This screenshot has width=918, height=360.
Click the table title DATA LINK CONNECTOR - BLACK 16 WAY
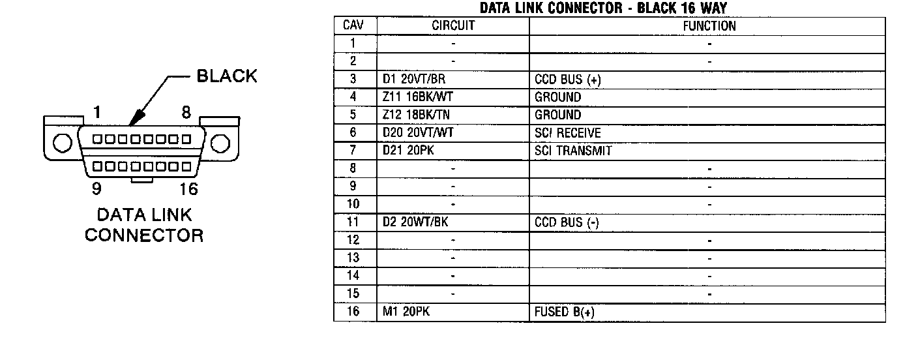click(603, 8)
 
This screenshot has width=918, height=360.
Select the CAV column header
click(354, 26)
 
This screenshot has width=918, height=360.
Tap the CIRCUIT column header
click(453, 26)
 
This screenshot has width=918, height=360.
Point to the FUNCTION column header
click(709, 26)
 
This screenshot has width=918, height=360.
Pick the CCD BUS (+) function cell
click(567, 80)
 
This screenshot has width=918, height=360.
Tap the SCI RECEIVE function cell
click(568, 133)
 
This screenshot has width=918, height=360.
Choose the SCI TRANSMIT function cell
click(573, 151)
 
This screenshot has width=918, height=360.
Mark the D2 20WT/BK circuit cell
click(415, 222)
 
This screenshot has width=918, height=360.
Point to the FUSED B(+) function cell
click(565, 312)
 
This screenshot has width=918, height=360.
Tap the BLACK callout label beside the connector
click(227, 76)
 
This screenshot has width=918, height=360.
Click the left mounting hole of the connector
click(61, 142)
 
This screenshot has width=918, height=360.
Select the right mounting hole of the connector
click(221, 142)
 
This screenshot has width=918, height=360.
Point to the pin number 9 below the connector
click(96, 189)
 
